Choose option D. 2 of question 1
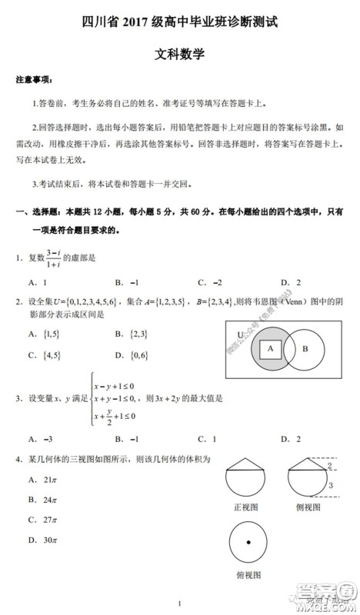coord(290,281)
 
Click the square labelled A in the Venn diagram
coord(270,347)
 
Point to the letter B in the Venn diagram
coord(305,348)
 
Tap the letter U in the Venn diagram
coord(239,334)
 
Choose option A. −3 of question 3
coord(41,439)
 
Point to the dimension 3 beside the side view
coord(330,485)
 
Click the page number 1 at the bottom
coord(178,603)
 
